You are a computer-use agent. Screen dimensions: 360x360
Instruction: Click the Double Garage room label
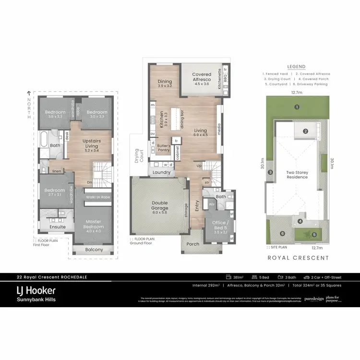(x=160, y=205)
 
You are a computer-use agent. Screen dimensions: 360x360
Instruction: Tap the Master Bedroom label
(x=93, y=224)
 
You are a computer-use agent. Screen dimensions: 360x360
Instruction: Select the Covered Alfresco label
(x=202, y=77)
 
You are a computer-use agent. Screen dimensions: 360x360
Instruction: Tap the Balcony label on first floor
(x=94, y=250)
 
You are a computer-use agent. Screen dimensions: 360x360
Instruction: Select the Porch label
(x=192, y=244)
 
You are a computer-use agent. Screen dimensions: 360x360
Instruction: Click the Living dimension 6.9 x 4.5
(x=201, y=135)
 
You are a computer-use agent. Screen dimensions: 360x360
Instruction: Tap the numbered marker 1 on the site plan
(x=297, y=107)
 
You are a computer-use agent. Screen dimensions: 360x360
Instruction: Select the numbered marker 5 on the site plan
(x=314, y=235)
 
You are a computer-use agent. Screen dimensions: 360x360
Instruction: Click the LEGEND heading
(x=296, y=67)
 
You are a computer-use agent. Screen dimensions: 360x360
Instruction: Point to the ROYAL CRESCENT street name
(x=298, y=258)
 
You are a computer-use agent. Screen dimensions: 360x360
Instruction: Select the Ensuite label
(x=57, y=227)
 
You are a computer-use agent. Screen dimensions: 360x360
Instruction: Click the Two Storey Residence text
(x=297, y=174)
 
